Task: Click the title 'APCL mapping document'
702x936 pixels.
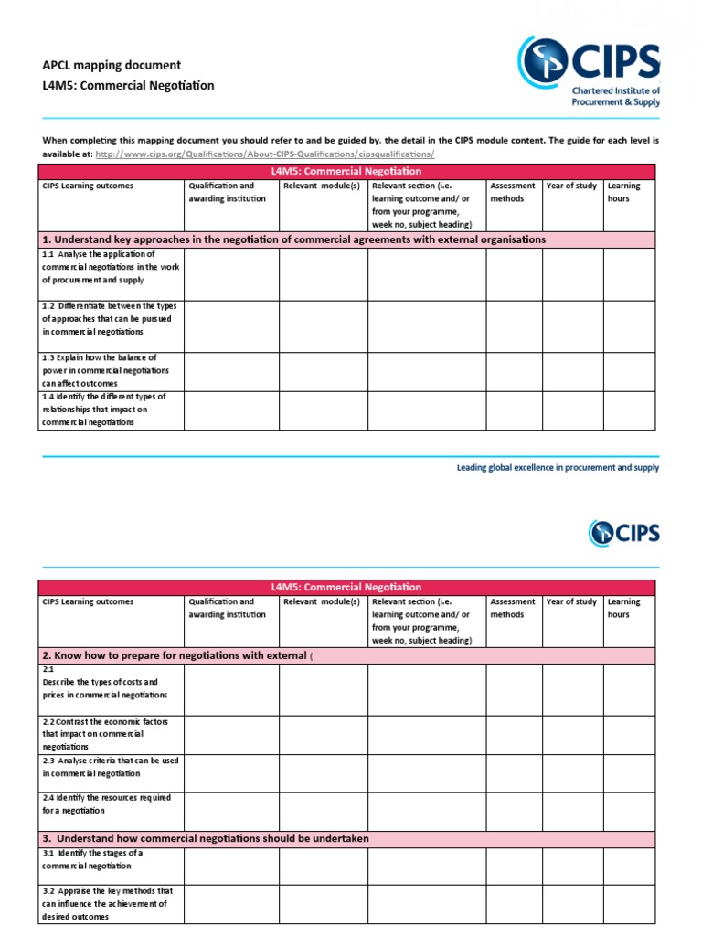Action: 112,65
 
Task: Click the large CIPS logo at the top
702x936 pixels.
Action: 588,69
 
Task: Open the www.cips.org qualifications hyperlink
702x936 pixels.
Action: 264,154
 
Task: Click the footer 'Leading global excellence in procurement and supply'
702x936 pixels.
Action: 558,468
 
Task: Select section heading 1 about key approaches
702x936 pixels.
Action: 293,239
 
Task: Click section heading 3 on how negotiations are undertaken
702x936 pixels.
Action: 206,838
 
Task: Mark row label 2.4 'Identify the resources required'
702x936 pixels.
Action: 106,803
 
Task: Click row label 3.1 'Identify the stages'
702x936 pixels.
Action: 92,859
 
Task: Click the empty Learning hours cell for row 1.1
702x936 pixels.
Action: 629,274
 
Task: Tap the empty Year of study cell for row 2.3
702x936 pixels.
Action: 572,772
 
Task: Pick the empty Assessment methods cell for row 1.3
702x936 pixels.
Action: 514,371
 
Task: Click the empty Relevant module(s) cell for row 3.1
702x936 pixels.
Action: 324,866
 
